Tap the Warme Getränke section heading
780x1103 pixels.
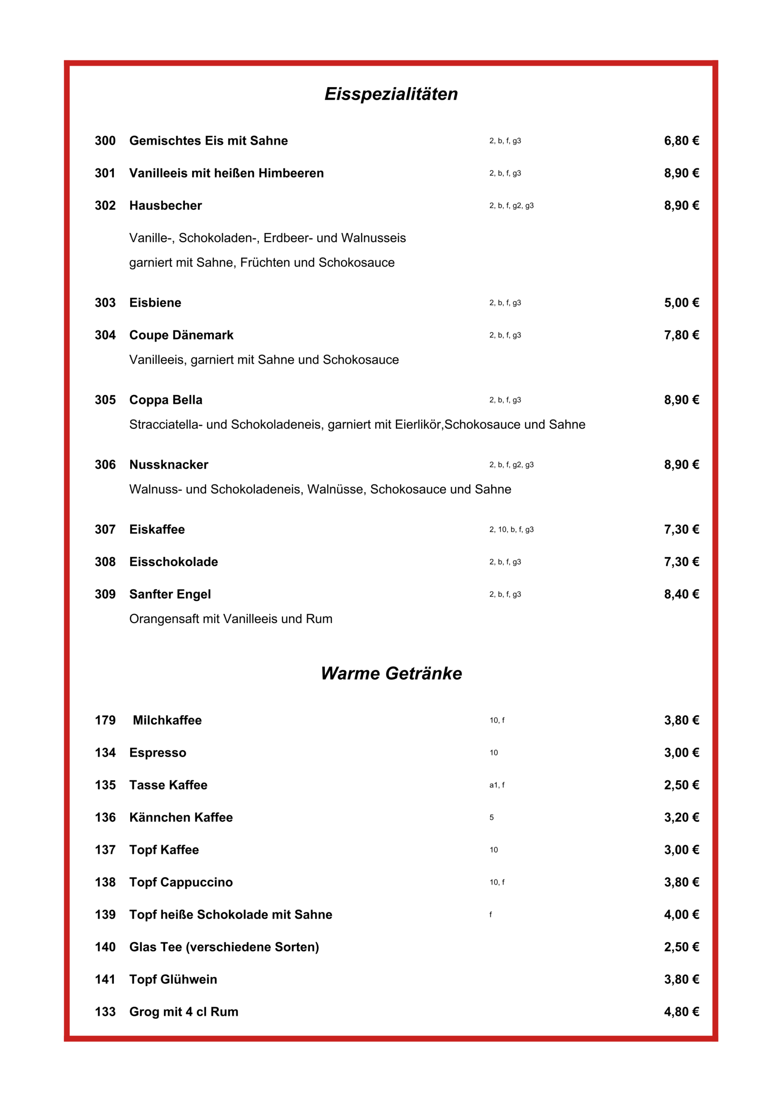point(391,673)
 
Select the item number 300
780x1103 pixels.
point(105,141)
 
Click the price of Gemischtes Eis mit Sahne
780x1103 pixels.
point(681,141)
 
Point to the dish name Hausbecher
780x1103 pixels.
point(165,206)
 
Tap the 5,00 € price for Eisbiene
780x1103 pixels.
point(681,302)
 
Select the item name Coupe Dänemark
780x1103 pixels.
point(181,335)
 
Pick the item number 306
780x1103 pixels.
point(105,464)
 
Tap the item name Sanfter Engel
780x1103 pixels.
point(170,594)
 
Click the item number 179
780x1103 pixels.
point(105,720)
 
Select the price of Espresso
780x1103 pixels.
point(681,752)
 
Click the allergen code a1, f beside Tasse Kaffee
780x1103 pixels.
point(496,785)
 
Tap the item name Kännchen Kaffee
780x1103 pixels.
point(181,817)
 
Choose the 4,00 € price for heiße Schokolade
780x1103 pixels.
point(681,914)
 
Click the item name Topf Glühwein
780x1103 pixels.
point(173,979)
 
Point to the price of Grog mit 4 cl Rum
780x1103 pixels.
point(681,1012)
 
